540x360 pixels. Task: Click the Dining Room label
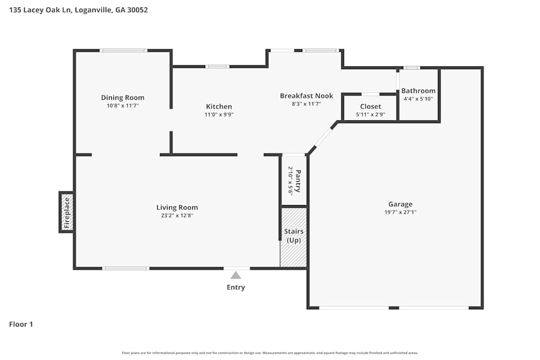pos(123,98)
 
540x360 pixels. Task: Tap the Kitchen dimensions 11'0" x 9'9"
pos(219,114)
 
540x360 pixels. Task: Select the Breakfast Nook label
pos(306,96)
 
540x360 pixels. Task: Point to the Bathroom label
pos(418,91)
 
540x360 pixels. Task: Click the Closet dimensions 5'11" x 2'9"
pos(370,114)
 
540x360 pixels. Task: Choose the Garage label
pos(400,204)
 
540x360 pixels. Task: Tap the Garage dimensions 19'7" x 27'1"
pos(400,212)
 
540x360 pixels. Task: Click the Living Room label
pos(177,207)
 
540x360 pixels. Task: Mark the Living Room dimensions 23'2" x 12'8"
pos(177,215)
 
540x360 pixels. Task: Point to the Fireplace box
pos(66,212)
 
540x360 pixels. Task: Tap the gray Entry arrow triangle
pos(236,275)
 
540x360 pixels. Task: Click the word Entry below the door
pos(236,287)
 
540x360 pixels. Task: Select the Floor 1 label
pos(21,324)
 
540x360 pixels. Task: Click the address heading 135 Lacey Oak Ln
pos(78,10)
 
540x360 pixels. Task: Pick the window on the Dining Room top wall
pos(123,51)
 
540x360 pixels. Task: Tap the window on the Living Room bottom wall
pos(126,268)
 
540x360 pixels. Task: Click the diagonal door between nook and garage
pos(323,137)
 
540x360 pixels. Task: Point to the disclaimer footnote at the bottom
pos(270,352)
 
